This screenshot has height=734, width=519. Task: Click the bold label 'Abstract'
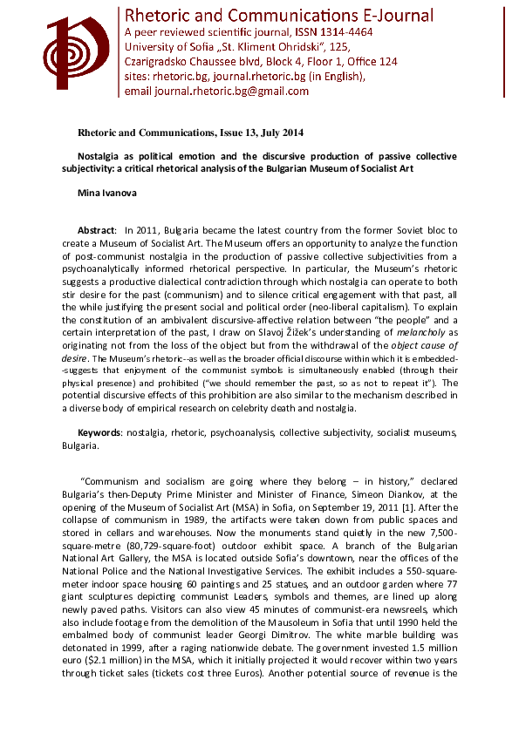(98, 229)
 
